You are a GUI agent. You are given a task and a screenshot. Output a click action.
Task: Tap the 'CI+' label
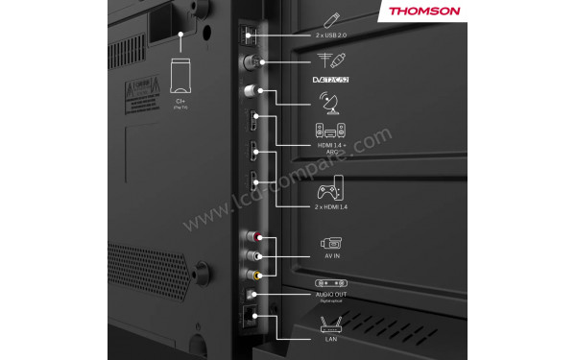(180, 98)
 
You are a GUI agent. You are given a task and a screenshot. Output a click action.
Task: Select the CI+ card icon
(180, 75)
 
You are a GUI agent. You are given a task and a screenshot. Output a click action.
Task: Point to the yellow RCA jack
(252, 275)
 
